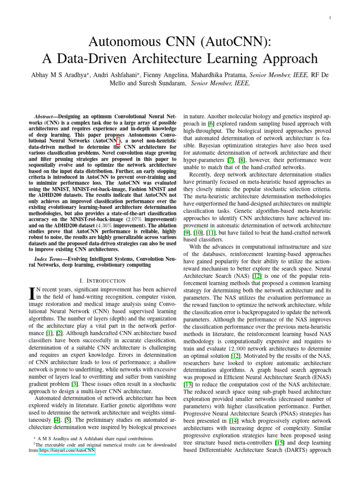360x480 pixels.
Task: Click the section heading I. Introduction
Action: click(102, 280)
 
